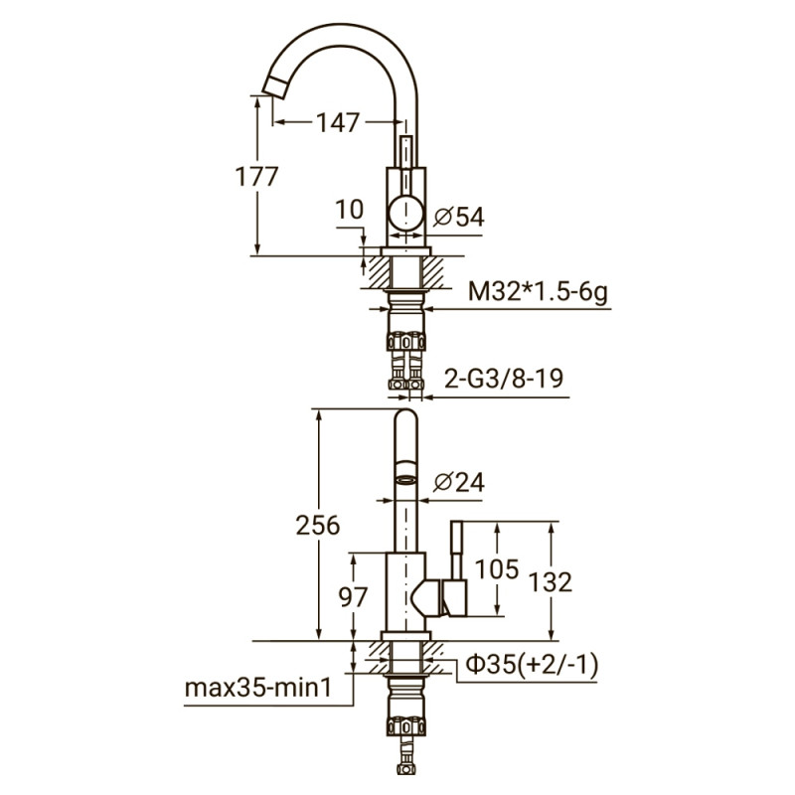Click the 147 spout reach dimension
337,122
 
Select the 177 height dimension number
255,176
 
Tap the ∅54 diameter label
459,215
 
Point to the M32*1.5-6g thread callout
538,291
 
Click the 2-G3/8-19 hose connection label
503,379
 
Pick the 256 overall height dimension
318,526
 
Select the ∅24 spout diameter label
459,482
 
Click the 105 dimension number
496,568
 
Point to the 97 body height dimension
353,598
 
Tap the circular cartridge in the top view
405,214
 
